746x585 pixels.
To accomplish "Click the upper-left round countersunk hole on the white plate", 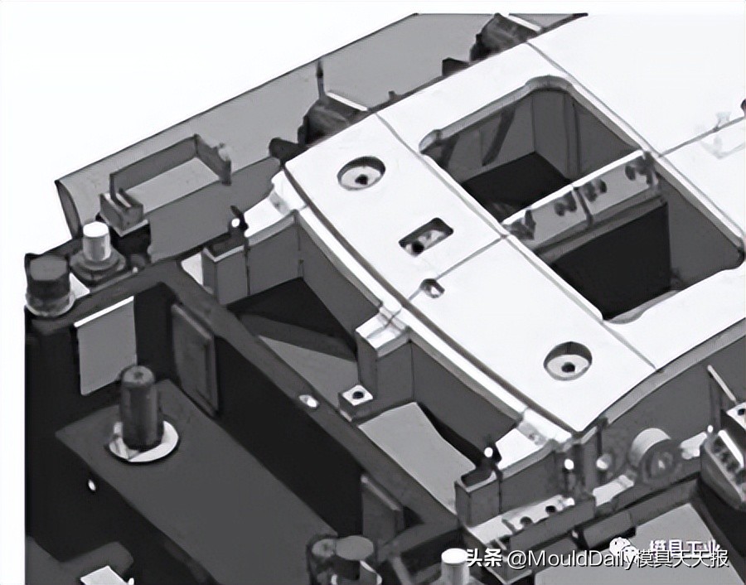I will click(x=361, y=173).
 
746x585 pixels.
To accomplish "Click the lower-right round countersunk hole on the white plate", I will click(x=568, y=360).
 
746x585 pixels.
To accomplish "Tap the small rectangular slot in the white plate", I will click(x=426, y=236).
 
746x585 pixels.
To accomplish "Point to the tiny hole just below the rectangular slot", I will click(x=431, y=288).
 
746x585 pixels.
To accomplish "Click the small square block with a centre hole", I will click(x=356, y=396).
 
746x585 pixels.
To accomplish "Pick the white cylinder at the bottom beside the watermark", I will click(x=454, y=565).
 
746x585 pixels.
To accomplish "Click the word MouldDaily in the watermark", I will click(x=572, y=558).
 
